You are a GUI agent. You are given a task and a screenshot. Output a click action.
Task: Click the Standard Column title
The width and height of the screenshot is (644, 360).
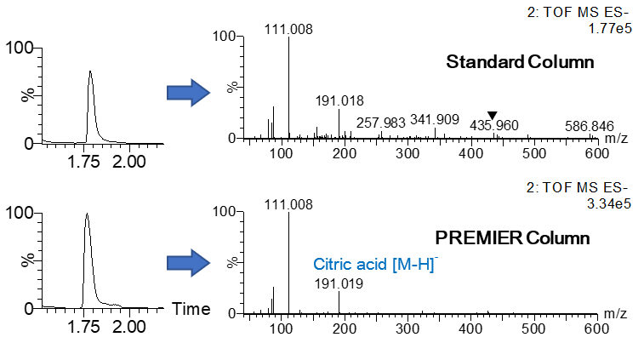(x=520, y=62)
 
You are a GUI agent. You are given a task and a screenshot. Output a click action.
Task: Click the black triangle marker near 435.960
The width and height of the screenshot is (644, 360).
(x=492, y=116)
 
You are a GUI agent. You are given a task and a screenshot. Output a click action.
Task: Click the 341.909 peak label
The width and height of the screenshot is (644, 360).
(x=435, y=119)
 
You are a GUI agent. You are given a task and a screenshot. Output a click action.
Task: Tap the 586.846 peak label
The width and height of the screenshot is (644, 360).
(x=589, y=127)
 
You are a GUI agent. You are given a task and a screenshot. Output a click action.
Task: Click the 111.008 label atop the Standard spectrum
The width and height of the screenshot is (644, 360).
(x=288, y=30)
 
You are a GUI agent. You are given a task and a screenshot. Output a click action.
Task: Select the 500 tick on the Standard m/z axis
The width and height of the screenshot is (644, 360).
(x=534, y=153)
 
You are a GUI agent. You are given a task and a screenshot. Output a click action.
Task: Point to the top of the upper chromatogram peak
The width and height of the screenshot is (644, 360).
(x=90, y=71)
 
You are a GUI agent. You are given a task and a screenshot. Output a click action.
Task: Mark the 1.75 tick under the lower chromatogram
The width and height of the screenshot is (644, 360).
(x=88, y=326)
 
